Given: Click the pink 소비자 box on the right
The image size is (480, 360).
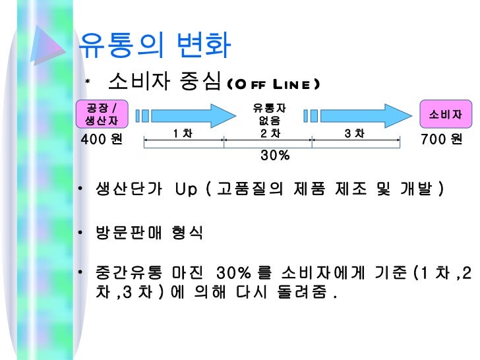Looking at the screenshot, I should [x=445, y=114].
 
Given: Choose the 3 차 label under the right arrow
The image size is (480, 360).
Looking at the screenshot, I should [x=354, y=134].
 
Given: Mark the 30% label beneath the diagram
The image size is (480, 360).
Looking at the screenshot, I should [x=274, y=156].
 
